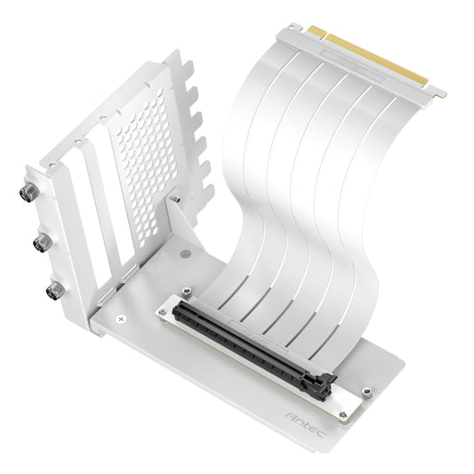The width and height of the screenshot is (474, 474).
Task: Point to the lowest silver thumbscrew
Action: tap(57, 288)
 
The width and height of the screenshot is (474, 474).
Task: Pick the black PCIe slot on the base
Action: tap(240, 341)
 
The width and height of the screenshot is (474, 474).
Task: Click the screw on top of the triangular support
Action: tap(175, 200)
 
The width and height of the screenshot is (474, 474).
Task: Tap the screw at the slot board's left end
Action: tap(186, 292)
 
